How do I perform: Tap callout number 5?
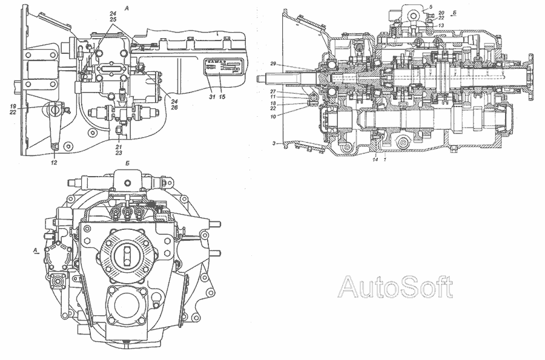coord(430,7)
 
